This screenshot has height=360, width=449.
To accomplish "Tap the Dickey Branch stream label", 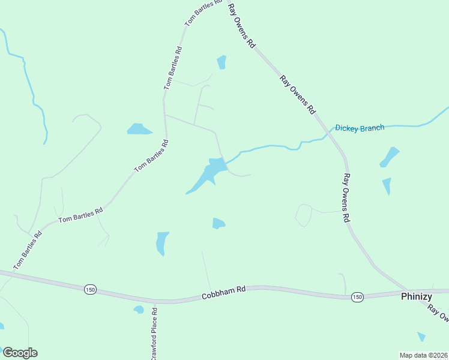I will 359,128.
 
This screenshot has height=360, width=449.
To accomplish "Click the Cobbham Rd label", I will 223,289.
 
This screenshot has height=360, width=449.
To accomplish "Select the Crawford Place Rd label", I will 154,334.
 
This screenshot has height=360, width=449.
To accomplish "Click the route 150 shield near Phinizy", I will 357,297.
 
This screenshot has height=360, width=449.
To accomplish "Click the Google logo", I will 20,353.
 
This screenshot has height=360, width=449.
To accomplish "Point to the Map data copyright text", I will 423,355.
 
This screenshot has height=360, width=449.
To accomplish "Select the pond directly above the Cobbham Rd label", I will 218,223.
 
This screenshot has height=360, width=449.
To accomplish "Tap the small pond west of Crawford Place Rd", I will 139,310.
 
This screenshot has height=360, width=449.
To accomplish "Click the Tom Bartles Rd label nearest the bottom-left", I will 28,250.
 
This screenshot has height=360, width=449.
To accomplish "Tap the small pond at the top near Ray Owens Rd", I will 221,62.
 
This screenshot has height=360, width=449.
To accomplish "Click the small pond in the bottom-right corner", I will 421,337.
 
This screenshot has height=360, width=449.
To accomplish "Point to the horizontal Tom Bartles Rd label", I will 80,215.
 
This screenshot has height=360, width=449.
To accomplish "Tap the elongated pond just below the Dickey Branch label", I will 390,156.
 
